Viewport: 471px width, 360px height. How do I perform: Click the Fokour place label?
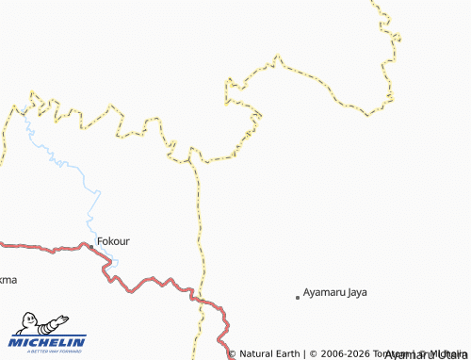tap(113, 241)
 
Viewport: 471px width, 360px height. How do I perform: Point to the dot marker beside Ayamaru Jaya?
tap(298, 297)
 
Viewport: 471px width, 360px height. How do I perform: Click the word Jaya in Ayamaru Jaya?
tap(356, 292)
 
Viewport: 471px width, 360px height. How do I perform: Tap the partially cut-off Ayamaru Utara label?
tap(427, 354)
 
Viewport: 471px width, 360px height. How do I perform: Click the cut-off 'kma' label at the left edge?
tap(8, 280)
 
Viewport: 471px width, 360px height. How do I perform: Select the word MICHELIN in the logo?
tap(48, 342)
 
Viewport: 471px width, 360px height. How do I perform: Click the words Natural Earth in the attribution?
tap(269, 354)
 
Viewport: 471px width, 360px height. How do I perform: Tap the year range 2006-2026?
tap(350, 354)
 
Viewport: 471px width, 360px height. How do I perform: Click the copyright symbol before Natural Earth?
tap(233, 354)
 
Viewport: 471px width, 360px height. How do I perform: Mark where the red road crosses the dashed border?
tap(200, 298)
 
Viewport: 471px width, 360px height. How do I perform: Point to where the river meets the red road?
tap(106, 263)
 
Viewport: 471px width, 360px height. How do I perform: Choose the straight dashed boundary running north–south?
tap(200, 226)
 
